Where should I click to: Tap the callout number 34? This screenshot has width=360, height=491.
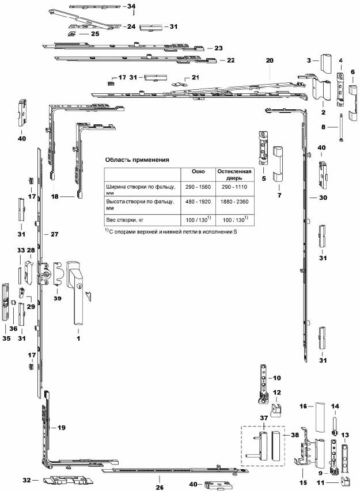(x=131, y=6)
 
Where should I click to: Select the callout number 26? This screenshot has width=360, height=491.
(x=159, y=487)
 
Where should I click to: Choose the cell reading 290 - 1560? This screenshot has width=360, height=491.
(x=198, y=188)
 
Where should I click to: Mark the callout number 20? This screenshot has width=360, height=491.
(x=269, y=60)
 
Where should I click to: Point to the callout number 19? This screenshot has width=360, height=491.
(x=62, y=428)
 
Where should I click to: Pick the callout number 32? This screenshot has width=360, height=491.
(x=26, y=479)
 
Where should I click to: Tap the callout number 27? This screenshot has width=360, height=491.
(x=55, y=235)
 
